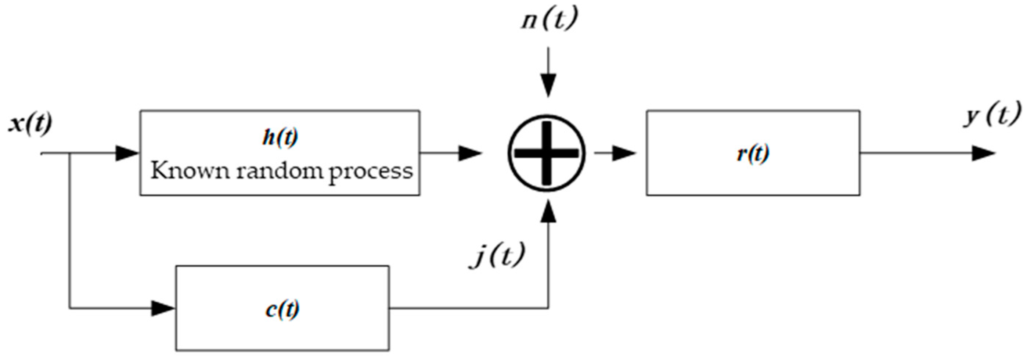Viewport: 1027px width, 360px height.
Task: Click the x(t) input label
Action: [x=30, y=125]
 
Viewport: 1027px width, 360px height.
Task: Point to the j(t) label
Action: [x=497, y=255]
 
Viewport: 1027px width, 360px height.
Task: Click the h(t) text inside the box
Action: [x=280, y=137]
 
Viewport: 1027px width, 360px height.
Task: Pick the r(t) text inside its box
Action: [x=753, y=154]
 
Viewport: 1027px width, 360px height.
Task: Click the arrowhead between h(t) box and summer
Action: [x=470, y=153]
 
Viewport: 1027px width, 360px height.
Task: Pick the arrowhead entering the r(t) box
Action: [x=623, y=153]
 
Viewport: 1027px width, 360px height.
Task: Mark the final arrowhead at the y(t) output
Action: [x=983, y=153]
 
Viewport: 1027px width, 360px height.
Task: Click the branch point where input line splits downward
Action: [x=70, y=153]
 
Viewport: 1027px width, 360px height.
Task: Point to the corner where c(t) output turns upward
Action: [x=548, y=308]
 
